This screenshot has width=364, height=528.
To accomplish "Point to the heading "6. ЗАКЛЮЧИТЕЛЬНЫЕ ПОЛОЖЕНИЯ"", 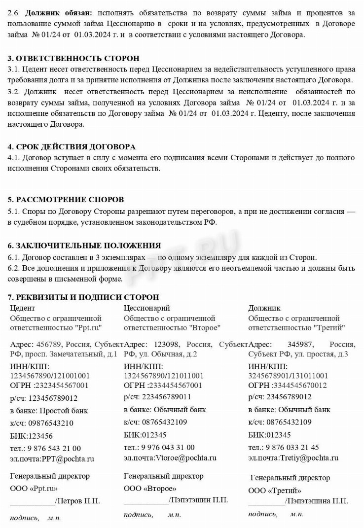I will pyautogui.click(x=84, y=246).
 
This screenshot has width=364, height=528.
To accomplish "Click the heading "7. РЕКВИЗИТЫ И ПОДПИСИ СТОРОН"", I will pyautogui.click(x=83, y=297).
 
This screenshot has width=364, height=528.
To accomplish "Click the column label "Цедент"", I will pyautogui.click(x=23, y=308).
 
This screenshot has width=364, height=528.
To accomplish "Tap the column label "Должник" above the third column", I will pyautogui.click(x=264, y=308).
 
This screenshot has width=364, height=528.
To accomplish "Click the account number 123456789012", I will pyautogui.click(x=53, y=398).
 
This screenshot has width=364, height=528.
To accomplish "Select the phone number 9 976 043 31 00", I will pyautogui.click(x=168, y=447).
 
